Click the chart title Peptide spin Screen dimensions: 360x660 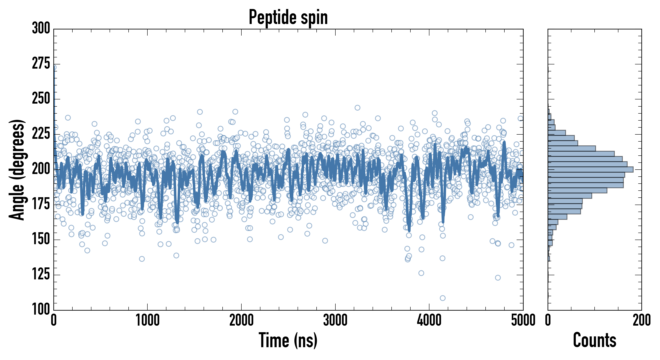coord(288,17)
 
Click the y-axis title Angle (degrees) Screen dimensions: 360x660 coord(17,170)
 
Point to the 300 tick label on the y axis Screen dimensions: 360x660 coord(41,28)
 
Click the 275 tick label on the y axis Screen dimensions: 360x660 coord(41,64)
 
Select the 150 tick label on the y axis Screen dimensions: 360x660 coord(41,239)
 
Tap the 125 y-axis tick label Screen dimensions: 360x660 coord(41,274)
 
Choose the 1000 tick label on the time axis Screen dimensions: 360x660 coord(148,320)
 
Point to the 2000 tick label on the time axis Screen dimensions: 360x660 coord(241,320)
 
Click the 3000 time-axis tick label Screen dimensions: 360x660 coord(335,320)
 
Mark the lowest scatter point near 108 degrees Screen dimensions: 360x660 coord(442,298)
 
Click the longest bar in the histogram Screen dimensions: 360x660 coord(590,169)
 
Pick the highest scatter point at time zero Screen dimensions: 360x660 coord(54,67)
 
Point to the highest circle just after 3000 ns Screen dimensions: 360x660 coord(357,108)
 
